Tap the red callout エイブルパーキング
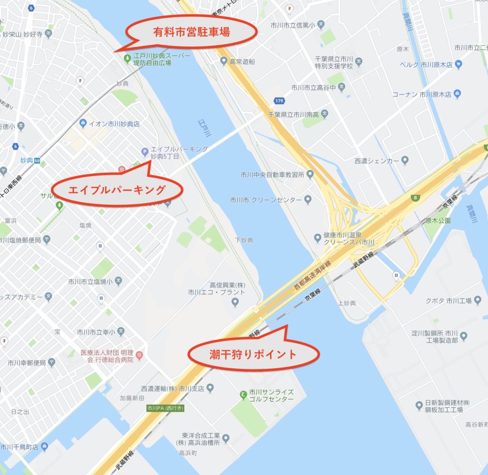[x=117, y=190]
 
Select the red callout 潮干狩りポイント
[x=253, y=354]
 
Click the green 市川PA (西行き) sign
[x=165, y=408]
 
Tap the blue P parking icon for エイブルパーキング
[x=144, y=152]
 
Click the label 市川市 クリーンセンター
[x=265, y=199]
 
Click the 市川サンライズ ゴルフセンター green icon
[x=243, y=395]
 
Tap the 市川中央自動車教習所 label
[x=272, y=175]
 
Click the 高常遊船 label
[x=242, y=61]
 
